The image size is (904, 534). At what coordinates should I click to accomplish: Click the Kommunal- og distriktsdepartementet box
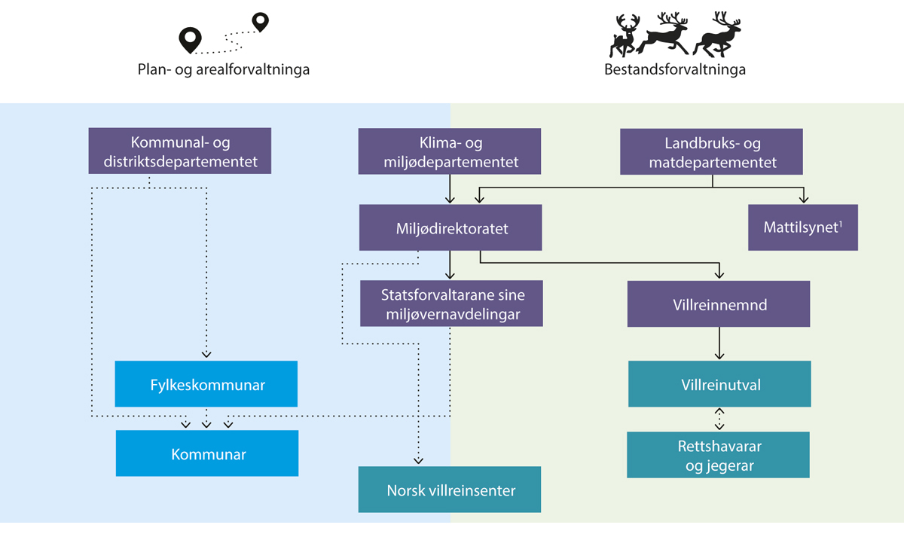179,151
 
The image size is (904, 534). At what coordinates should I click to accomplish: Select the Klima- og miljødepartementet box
449,151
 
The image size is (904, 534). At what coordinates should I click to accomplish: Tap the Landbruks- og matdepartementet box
712,151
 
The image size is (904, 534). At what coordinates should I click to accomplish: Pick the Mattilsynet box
803,227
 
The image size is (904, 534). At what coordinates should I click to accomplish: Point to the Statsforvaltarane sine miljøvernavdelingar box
451,304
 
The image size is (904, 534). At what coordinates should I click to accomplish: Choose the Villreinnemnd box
719,304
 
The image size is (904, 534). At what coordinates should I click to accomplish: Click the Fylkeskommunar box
206,384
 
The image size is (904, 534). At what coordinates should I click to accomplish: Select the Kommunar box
206,454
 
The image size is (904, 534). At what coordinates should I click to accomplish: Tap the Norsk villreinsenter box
450,490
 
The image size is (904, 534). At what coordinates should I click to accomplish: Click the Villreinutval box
719,384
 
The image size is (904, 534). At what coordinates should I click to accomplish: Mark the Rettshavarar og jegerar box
718,455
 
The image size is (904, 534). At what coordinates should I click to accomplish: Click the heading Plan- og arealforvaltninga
224,70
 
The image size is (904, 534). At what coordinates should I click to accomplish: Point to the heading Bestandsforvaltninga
675,70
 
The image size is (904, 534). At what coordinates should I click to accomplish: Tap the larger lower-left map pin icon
189,39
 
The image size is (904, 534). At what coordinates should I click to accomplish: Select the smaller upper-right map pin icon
260,21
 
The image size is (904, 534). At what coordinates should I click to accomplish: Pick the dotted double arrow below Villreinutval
719,419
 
